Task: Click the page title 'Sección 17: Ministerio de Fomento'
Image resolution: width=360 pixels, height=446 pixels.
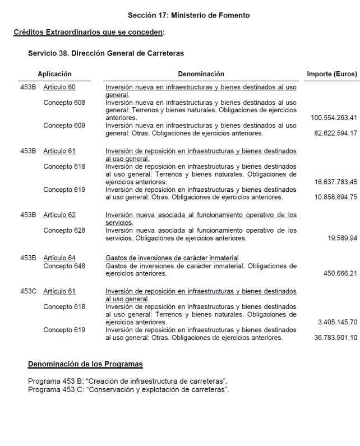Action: point(188,15)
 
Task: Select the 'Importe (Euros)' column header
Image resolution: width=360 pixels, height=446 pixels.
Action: point(331,74)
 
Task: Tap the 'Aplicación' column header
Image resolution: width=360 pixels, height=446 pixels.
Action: point(54,74)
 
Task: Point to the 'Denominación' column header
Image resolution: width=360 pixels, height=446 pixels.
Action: point(201,74)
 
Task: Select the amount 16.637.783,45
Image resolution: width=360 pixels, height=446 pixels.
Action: point(335,182)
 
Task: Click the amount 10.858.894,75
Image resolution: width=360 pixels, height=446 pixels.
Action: point(335,197)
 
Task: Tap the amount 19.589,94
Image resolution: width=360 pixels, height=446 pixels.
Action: point(342,238)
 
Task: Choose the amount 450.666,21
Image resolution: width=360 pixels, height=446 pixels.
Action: point(340,274)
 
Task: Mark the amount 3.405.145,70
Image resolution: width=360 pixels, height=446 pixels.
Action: point(337,323)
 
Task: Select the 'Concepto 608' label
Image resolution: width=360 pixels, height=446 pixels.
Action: point(64,103)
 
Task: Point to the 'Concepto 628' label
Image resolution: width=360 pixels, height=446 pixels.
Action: point(64,231)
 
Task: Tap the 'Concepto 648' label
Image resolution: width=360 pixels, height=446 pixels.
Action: point(64,266)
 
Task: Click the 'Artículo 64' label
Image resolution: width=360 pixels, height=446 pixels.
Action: point(59,258)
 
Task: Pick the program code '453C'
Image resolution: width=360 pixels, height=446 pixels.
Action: point(28,292)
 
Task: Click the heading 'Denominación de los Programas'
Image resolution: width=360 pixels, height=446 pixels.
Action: point(85,364)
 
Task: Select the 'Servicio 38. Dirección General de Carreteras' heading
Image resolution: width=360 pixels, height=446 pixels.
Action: point(106,53)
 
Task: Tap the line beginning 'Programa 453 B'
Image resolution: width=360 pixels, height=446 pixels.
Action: point(127,381)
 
